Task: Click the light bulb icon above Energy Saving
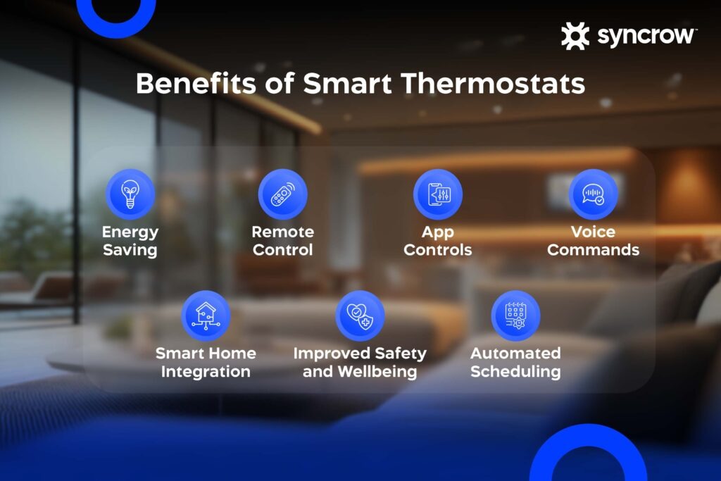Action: pos(130,194)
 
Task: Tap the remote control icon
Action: pos(282,194)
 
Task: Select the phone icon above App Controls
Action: pos(437,194)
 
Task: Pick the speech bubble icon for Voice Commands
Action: pos(593,194)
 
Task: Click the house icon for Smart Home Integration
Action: pos(206,316)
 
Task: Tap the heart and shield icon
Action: pos(360,316)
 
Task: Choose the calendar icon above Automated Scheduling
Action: pos(515,316)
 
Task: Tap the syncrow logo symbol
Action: pos(575,36)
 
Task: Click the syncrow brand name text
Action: pos(647,36)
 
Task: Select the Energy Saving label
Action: pos(130,241)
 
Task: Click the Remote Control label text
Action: pos(282,241)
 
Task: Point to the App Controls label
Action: pos(437,241)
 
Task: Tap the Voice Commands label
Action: pos(593,241)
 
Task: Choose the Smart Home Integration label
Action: pos(206,362)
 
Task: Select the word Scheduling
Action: pos(515,372)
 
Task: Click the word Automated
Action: pos(515,353)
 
